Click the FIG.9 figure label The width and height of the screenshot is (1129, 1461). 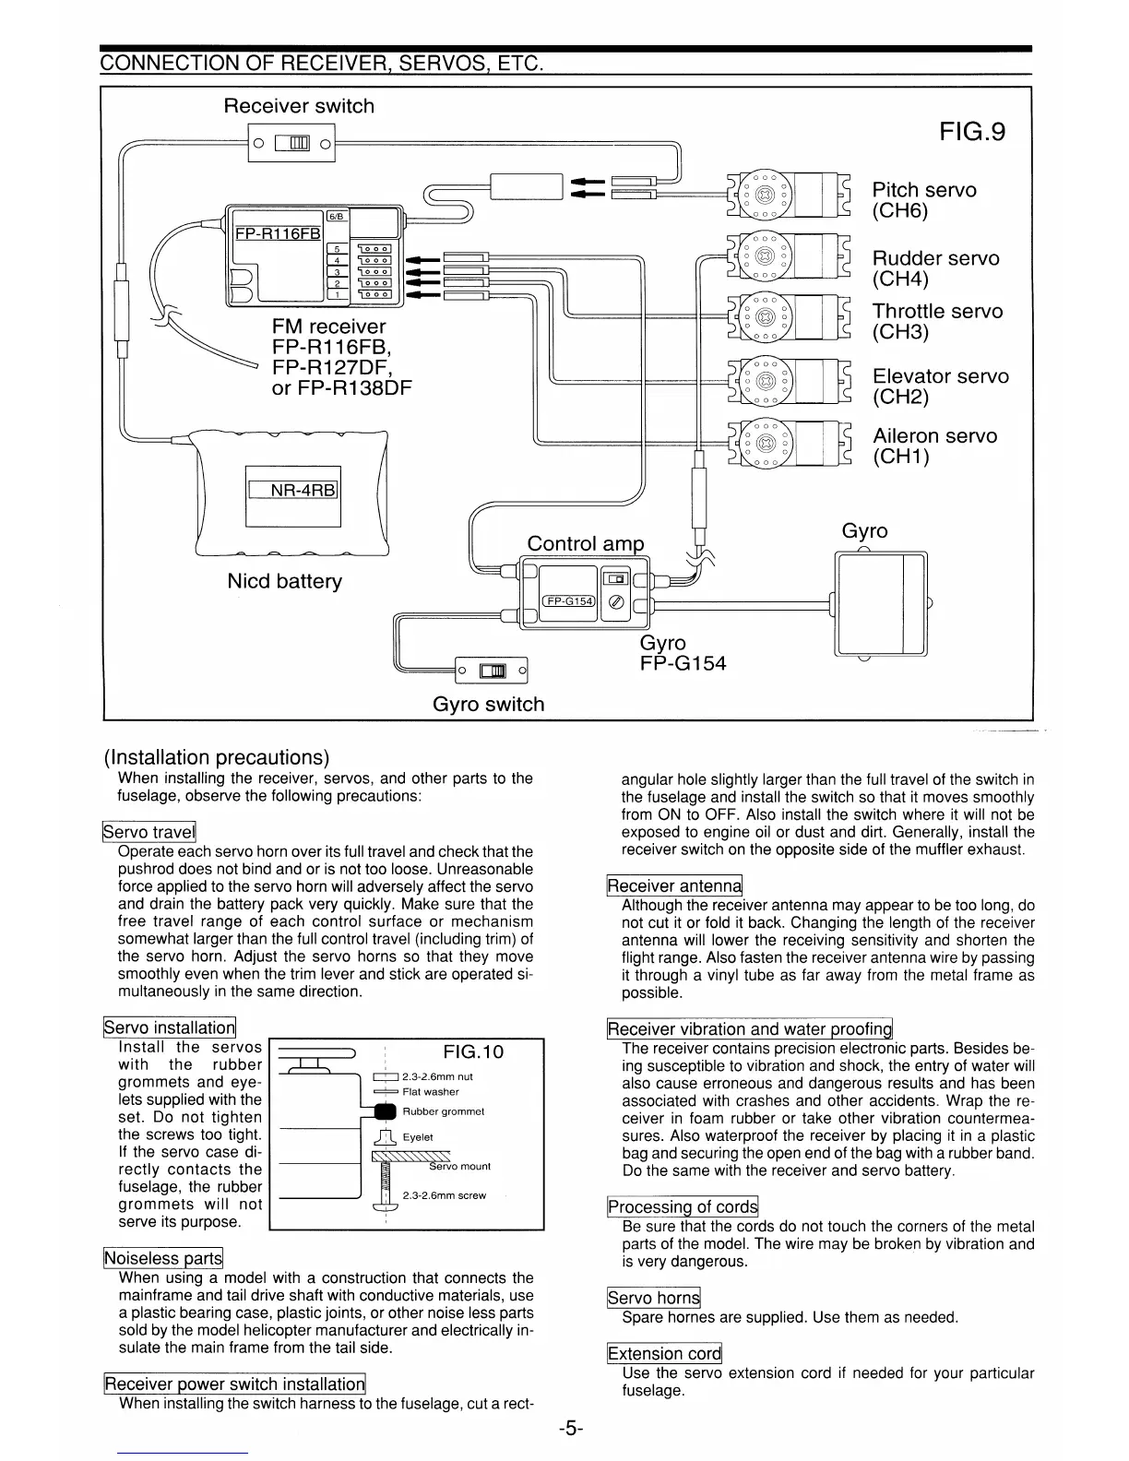pos(972,132)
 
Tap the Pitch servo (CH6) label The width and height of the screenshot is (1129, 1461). pos(923,200)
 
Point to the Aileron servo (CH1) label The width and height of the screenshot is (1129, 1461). pos(934,445)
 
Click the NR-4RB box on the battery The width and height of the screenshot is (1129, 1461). pos(293,491)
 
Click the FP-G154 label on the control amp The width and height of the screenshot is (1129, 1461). pos(569,601)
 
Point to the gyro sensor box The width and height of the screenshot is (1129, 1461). pos(881,603)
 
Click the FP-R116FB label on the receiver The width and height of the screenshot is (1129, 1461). pos(278,234)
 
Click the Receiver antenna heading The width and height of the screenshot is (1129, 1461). pos(674,886)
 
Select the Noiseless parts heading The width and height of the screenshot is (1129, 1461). pos(163,1258)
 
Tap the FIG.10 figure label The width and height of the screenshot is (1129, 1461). pos(473,1052)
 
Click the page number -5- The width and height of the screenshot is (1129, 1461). pos(570,1429)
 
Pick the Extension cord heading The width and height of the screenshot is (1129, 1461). pos(664,1354)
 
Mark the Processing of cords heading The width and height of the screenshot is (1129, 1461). pos(682,1207)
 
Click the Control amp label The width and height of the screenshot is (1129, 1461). pos(586,542)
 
